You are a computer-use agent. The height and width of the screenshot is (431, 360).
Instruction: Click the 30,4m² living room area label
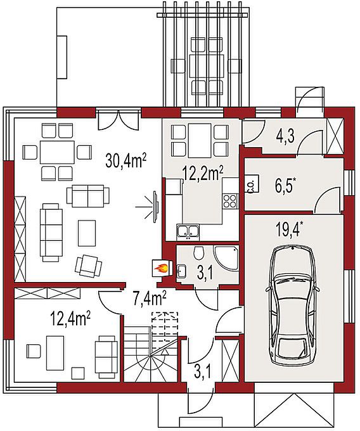point(125,161)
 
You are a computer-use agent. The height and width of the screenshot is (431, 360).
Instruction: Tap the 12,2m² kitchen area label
point(203,173)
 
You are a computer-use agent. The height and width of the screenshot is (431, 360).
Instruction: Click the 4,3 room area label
point(285,136)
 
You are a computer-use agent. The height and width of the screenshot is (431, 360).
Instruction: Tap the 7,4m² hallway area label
point(149,299)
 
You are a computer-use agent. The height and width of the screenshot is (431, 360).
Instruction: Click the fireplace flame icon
point(160,267)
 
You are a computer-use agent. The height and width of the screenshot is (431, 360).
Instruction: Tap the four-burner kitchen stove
point(230,201)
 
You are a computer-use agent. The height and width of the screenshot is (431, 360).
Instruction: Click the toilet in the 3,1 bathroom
point(198,252)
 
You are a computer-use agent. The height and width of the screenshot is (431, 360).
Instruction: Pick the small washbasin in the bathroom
point(181,271)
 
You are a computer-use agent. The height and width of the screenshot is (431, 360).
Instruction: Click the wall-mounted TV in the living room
point(156,206)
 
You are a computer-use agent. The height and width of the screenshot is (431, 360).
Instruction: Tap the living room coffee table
point(87,233)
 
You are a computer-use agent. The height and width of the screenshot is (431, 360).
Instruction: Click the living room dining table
point(57,152)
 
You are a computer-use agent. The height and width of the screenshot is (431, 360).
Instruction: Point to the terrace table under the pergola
point(207,67)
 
